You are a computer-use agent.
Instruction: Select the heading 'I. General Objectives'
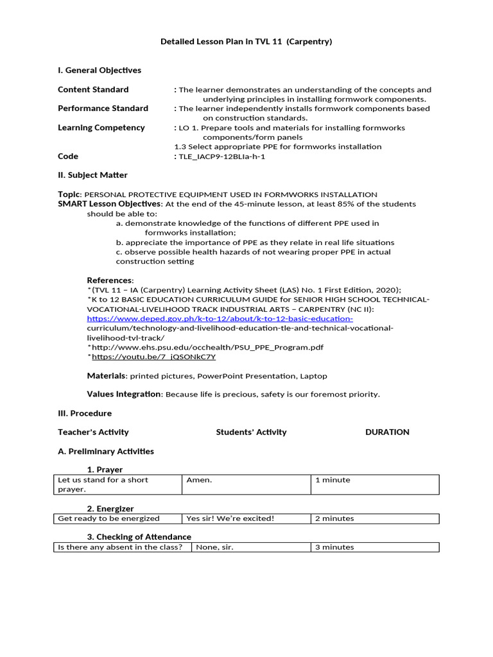pyautogui.click(x=99, y=70)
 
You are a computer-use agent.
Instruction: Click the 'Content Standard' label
pyautogui.click(x=93, y=89)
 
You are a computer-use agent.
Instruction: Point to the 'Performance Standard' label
pyautogui.click(x=103, y=108)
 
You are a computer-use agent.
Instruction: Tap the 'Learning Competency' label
pyautogui.click(x=101, y=127)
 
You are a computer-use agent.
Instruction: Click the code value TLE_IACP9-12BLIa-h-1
pyautogui.click(x=221, y=156)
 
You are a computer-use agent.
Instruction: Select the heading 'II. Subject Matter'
pyautogui.click(x=92, y=175)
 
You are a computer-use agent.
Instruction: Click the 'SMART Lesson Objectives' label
pyautogui.click(x=110, y=204)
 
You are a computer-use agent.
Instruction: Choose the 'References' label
pyautogui.click(x=110, y=280)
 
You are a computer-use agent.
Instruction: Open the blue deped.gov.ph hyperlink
pyautogui.click(x=220, y=318)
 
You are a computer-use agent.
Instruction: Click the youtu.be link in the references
pyautogui.click(x=153, y=357)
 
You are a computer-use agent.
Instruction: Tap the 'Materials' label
pyautogui.click(x=107, y=375)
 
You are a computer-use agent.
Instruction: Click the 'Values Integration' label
pyautogui.click(x=125, y=394)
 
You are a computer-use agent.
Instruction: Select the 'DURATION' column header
pyautogui.click(x=387, y=432)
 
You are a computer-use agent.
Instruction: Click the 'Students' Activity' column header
pyautogui.click(x=251, y=432)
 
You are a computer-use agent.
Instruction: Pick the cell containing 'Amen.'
pyautogui.click(x=199, y=480)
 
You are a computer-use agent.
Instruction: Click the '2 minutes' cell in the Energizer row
pyautogui.click(x=334, y=518)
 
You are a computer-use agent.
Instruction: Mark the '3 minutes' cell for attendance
pyautogui.click(x=334, y=547)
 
